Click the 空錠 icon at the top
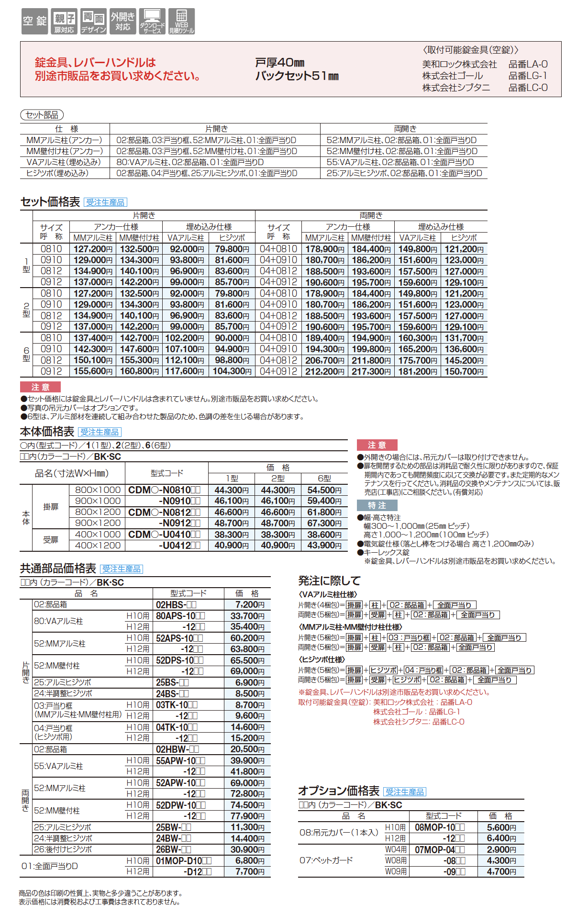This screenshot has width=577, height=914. coord(34,21)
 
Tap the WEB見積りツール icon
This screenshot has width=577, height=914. coord(181,21)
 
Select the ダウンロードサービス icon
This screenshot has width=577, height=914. coord(152,21)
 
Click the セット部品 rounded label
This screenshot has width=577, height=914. coord(42,115)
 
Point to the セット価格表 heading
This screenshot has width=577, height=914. coord(50,202)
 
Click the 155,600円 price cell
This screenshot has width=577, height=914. coord(93,371)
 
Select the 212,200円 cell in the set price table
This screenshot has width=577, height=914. coord(324,371)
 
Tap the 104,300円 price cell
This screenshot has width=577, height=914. coord(232,371)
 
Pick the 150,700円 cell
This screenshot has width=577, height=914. coord(464,371)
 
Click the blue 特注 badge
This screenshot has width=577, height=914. coord(377,505)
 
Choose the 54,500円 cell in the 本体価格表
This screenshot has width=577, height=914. coord(324,490)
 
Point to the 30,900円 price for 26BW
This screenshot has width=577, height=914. coord(247,849)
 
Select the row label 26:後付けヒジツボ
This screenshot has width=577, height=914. coord(63,849)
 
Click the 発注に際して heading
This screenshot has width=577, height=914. coord(329,581)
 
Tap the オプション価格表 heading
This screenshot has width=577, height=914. coord(339,791)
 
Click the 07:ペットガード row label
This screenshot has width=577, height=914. coord(326,860)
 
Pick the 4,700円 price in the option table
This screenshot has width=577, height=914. coord(501,871)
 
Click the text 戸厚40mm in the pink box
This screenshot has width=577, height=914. coord(280,63)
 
